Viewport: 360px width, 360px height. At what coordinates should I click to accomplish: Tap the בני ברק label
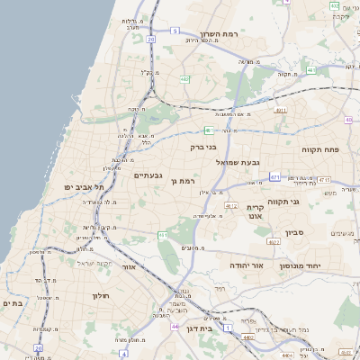pyautogui.click(x=202, y=146)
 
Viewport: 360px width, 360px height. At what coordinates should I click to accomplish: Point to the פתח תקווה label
pyautogui.click(x=319, y=149)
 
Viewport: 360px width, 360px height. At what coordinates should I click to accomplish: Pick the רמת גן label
pyautogui.click(x=181, y=182)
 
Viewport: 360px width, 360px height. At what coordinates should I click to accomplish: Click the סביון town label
pyautogui.click(x=296, y=233)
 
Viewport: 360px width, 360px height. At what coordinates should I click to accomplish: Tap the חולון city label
pyautogui.click(x=99, y=295)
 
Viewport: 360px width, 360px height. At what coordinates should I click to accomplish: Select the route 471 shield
pyautogui.click(x=274, y=177)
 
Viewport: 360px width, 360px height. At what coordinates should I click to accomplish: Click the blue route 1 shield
pyautogui.click(x=229, y=326)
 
